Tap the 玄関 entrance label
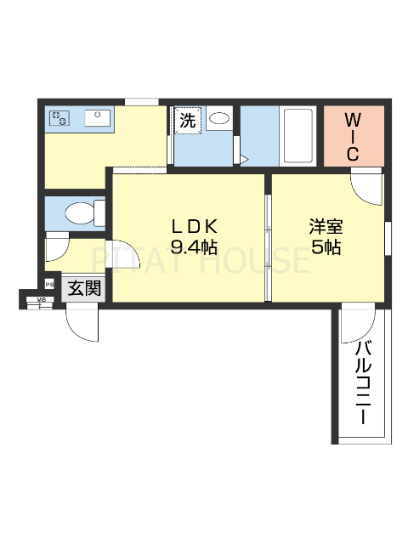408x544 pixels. tap(83, 289)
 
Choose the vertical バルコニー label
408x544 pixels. tap(363, 382)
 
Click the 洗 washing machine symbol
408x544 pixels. tap(187, 120)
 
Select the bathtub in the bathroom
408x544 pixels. tap(297, 136)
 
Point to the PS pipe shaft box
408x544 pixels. tap(49, 285)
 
